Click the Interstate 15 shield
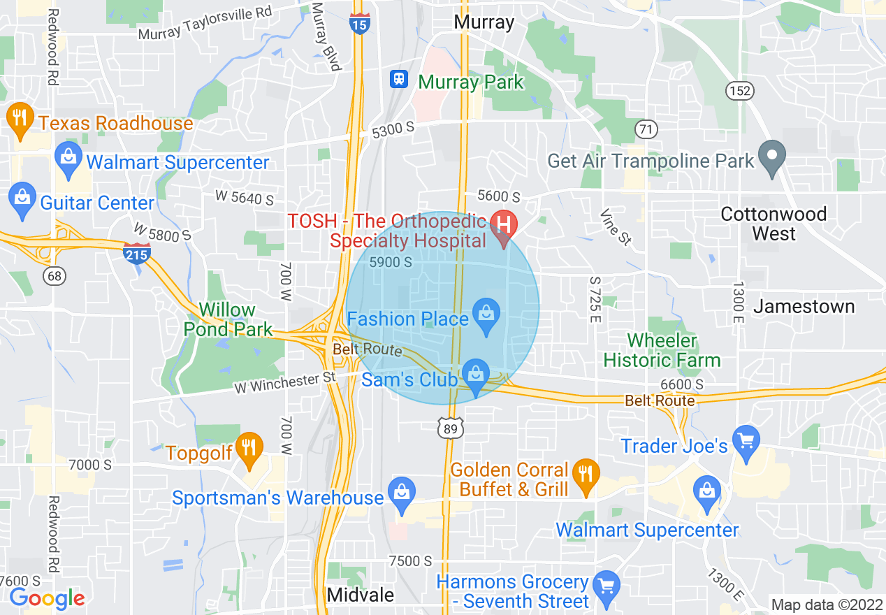pyautogui.click(x=360, y=24)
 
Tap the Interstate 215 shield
pyautogui.click(x=136, y=252)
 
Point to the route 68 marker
pyautogui.click(x=54, y=275)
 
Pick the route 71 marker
pyautogui.click(x=647, y=129)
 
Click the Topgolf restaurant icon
pyautogui.click(x=249, y=448)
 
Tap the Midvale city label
pyautogui.click(x=361, y=595)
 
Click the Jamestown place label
pyautogui.click(x=804, y=306)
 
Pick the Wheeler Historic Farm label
pyautogui.click(x=662, y=351)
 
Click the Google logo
pyautogui.click(x=47, y=598)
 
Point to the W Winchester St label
pyautogui.click(x=286, y=382)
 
